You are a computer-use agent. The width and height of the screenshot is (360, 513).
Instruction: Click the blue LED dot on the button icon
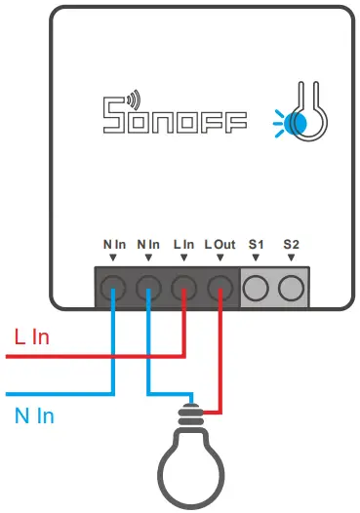300,122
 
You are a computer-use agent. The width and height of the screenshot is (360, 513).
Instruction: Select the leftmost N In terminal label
114,242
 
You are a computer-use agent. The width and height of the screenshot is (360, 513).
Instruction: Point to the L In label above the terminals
183,242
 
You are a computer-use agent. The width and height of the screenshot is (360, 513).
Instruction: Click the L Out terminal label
220,242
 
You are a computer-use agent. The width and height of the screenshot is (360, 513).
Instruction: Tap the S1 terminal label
256,242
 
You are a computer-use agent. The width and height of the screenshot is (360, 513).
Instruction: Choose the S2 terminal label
290,242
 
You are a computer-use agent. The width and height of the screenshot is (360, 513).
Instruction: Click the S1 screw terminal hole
256,287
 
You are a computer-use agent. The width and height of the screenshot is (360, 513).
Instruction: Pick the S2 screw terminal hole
290,287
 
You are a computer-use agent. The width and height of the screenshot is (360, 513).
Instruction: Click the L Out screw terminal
220,287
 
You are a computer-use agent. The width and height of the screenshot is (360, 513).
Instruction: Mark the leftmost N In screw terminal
114,287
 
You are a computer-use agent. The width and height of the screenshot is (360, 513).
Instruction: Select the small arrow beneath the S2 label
290,256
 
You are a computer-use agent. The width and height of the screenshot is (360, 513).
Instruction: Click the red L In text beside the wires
31,337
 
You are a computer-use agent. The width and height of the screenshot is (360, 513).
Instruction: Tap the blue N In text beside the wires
34,416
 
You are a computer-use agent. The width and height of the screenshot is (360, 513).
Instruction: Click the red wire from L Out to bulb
220,361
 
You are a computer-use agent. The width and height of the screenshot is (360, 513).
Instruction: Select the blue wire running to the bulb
148,361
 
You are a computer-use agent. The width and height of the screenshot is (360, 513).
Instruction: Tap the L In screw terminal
184,287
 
